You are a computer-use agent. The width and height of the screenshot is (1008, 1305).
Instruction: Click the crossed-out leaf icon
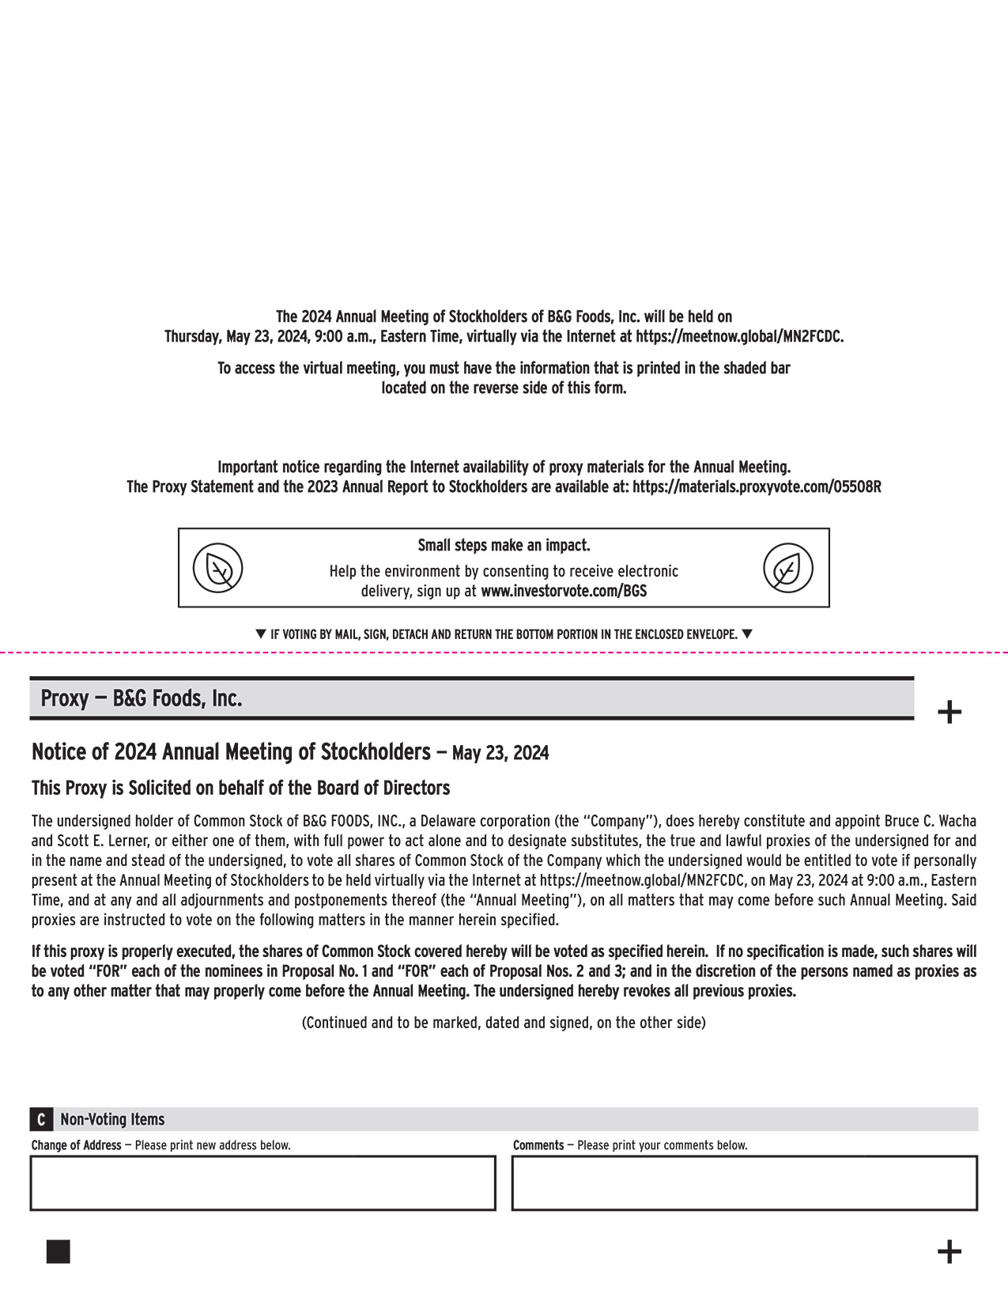tap(218, 568)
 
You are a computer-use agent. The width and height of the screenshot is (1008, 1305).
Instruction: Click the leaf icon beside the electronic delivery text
tap(787, 568)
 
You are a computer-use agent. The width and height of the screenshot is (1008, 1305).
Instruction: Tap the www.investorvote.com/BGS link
tap(563, 591)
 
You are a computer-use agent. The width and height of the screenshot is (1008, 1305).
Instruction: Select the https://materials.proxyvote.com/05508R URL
tap(757, 487)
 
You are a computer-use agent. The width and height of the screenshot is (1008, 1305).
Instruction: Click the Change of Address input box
tap(262, 1183)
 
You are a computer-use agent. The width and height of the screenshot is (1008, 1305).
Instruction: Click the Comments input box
tap(744, 1183)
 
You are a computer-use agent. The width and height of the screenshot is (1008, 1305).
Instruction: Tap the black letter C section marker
tap(41, 1120)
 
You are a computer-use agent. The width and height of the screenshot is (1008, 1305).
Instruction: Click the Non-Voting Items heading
tap(112, 1120)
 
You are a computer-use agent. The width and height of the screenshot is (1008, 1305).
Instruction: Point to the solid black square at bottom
tap(59, 1252)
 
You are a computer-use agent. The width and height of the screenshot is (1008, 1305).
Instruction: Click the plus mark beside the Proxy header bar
tap(949, 713)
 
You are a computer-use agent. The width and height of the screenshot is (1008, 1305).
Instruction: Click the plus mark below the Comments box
tap(949, 1252)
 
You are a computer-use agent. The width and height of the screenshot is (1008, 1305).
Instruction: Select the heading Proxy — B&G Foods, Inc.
tap(142, 699)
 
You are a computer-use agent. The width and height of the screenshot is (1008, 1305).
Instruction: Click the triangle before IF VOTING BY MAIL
tap(262, 634)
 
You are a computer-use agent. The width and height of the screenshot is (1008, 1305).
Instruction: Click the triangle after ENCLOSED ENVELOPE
tap(747, 634)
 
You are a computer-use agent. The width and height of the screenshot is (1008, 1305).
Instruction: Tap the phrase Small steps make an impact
tap(504, 546)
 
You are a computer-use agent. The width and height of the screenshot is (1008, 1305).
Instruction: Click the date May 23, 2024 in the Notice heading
tap(500, 753)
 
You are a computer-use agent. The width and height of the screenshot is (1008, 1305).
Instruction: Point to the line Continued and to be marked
tap(504, 1023)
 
